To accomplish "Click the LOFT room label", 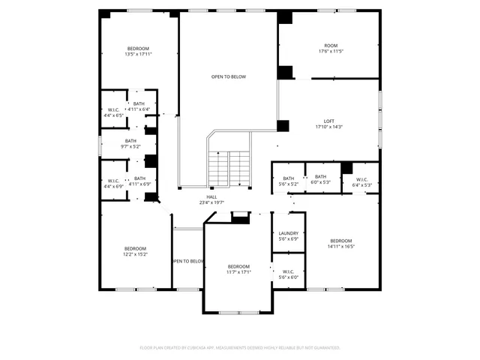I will [329, 124].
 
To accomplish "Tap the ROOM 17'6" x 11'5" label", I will [330, 48].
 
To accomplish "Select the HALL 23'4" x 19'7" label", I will [212, 199].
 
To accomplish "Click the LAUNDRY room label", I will [289, 236].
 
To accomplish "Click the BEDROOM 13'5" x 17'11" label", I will [138, 51].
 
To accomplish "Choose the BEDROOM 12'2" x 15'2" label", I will [136, 251].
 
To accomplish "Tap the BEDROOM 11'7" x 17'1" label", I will [238, 269].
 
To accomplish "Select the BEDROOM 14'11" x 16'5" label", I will [340, 243].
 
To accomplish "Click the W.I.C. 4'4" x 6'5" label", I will [115, 112].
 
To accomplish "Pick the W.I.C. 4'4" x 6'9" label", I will [114, 183].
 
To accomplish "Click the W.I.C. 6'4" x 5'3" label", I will [361, 181].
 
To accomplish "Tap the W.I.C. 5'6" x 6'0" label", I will [289, 274].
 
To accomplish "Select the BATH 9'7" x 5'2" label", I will [131, 144].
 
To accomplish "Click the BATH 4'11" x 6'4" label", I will [139, 106].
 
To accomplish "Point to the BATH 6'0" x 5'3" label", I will [321, 179].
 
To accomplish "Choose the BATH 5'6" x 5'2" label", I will [289, 181].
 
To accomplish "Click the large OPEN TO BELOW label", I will [228, 76].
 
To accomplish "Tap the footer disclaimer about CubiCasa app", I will [240, 347].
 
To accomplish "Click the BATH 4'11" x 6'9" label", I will [140, 181].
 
